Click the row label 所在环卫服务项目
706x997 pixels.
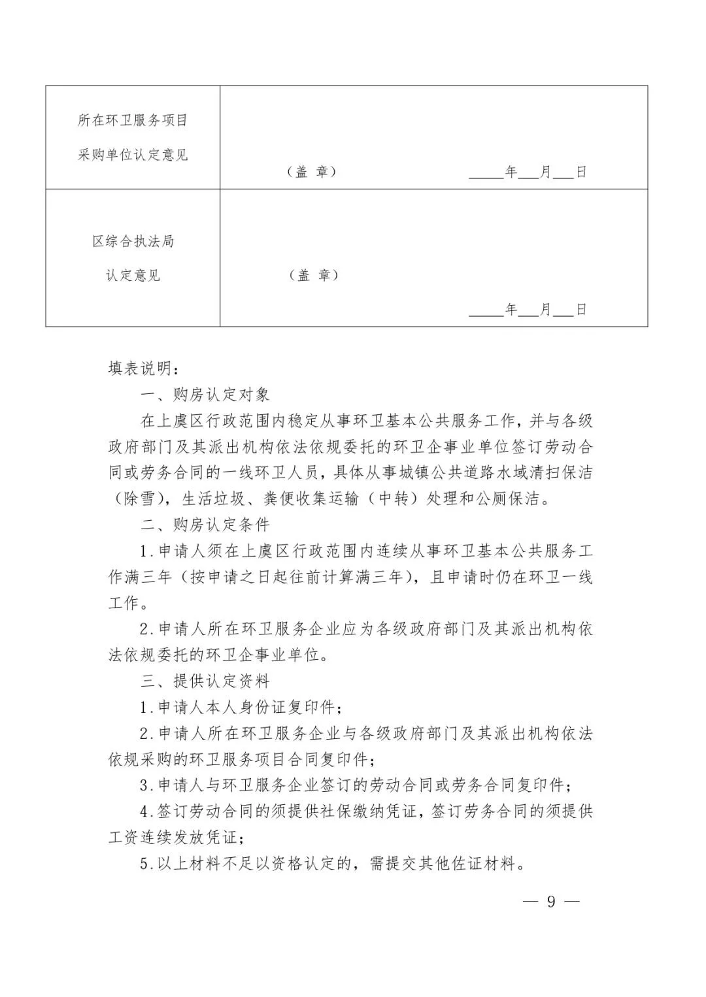[133, 120]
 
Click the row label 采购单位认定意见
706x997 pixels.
[133, 155]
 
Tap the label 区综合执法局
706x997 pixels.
[133, 241]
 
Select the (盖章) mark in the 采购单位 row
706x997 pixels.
[311, 172]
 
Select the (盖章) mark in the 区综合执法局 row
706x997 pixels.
[314, 275]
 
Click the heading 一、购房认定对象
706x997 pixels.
[205, 395]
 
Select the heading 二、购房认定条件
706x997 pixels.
[205, 525]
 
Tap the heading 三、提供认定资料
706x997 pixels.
[205, 681]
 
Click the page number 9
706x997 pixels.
[551, 902]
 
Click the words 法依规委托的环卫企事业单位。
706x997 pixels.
[218, 655]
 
